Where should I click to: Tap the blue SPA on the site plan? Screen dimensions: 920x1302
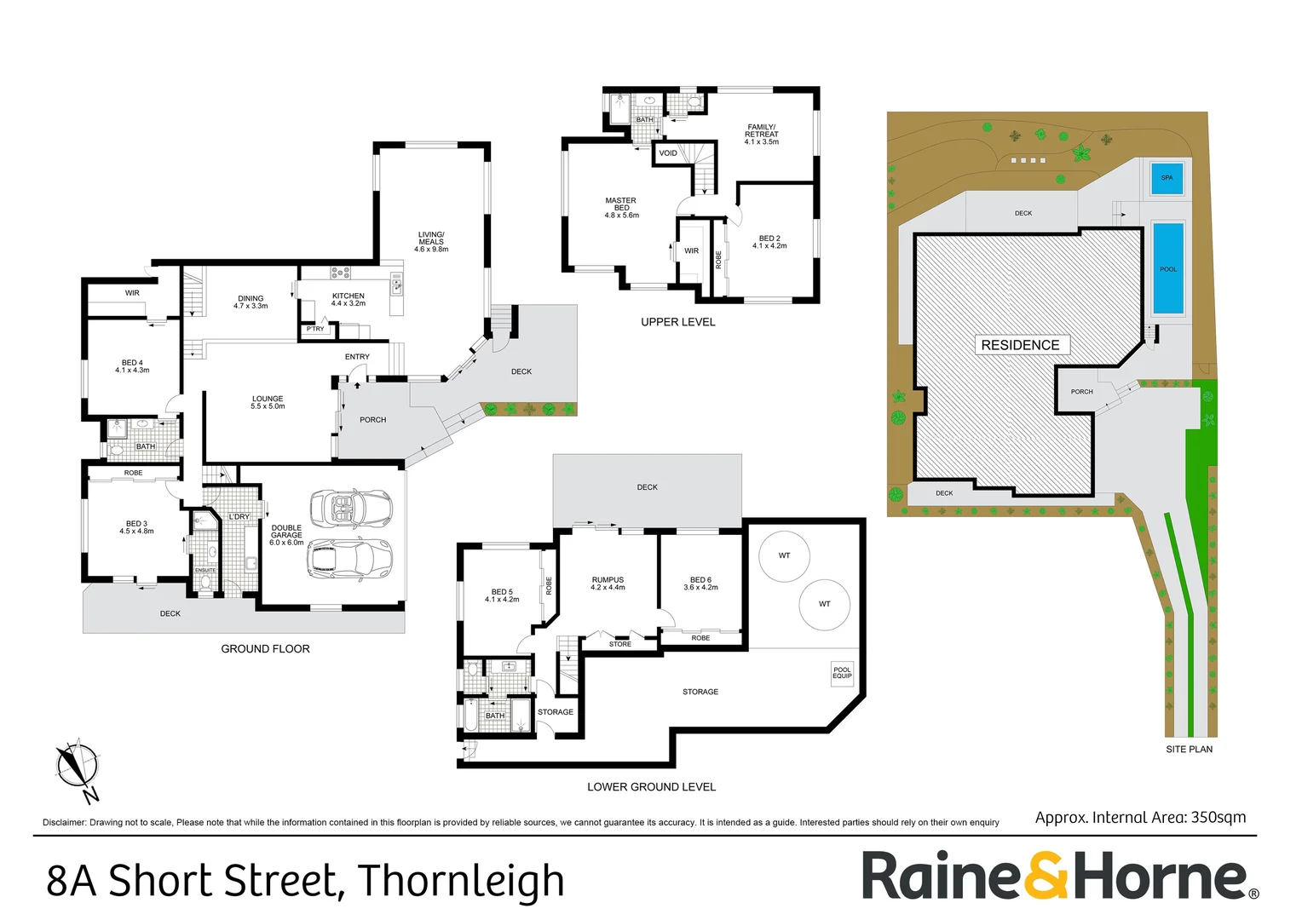click(1167, 177)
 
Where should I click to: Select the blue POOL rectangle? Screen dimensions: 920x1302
click(1168, 268)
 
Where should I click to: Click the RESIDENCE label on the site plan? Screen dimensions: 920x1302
click(1020, 345)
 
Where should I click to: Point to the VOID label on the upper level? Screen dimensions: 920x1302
click(668, 153)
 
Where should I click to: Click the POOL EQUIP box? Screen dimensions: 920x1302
click(842, 673)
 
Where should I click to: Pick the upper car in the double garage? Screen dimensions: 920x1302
click(350, 509)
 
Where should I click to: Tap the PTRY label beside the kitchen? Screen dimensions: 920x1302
click(315, 329)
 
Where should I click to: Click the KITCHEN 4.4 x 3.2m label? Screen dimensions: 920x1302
click(349, 300)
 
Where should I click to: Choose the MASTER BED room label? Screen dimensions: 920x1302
click(621, 208)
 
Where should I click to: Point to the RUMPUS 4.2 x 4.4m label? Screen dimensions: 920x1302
click(608, 584)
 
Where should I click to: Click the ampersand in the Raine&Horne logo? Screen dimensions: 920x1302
click(1046, 876)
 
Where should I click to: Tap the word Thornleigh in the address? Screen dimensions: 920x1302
click(460, 881)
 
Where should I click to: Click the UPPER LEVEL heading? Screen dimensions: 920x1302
click(677, 322)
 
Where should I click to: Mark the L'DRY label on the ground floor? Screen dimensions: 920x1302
click(239, 517)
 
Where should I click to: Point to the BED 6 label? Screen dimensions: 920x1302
click(700, 584)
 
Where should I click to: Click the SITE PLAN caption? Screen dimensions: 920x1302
click(1189, 750)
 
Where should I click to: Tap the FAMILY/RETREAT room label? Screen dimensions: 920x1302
click(761, 135)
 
